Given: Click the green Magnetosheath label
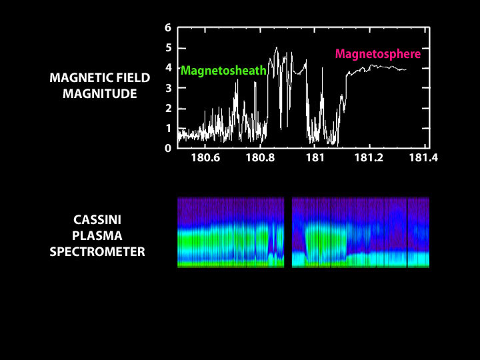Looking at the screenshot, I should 223,70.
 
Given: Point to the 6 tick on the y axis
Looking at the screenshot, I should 169,28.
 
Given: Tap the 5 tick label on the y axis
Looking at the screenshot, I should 169,48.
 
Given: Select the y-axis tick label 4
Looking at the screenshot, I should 169,68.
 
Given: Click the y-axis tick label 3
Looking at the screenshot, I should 169,88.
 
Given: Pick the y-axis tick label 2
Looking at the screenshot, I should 169,108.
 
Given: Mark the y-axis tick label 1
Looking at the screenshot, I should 169,128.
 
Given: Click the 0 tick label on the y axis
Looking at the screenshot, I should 169,148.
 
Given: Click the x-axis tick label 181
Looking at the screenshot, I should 314,158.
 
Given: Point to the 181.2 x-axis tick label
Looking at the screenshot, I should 369,158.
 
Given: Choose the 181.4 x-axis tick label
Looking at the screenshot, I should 423,158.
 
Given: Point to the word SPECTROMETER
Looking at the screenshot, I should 97,253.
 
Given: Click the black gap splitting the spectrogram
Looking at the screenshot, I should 288,232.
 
